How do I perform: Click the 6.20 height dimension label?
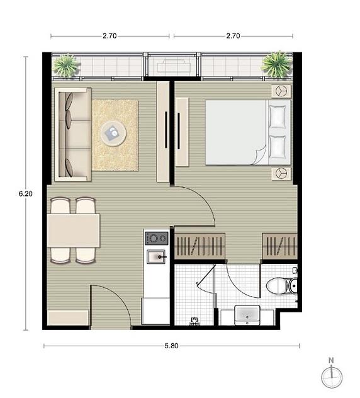[x=26, y=194]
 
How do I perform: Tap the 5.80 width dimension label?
[x=171, y=346]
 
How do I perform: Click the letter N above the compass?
[x=331, y=360]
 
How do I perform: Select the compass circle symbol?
[x=332, y=377]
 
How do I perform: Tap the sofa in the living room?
[x=73, y=135]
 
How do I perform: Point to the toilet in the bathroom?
[x=282, y=286]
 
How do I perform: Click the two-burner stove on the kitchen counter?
[x=156, y=238]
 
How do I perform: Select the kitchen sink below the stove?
[x=156, y=256]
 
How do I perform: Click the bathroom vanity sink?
[x=247, y=315]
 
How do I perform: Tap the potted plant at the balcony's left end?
[x=65, y=65]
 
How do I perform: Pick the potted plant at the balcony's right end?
[x=277, y=64]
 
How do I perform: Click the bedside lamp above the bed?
[x=281, y=91]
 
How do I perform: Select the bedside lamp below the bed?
[x=281, y=174]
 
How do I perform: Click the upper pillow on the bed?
[x=278, y=117]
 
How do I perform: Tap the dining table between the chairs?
[x=74, y=230]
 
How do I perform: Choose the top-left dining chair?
[x=60, y=205]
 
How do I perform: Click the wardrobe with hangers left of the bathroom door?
[x=200, y=246]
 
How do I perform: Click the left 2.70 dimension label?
[x=110, y=36]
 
